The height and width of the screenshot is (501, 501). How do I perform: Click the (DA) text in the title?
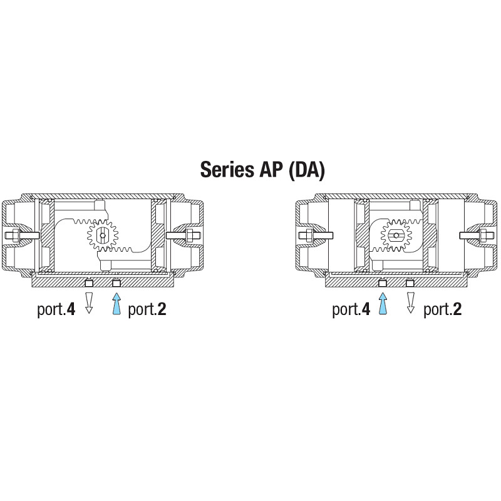pos(307,170)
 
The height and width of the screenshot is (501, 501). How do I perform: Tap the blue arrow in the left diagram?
pos(117,304)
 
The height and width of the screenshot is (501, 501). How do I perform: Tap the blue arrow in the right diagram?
pos(383,304)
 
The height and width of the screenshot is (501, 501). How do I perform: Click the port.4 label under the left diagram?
pos(56,309)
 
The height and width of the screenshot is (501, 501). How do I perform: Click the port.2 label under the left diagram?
pos(147,309)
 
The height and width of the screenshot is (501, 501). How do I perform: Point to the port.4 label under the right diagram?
pos(351,309)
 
